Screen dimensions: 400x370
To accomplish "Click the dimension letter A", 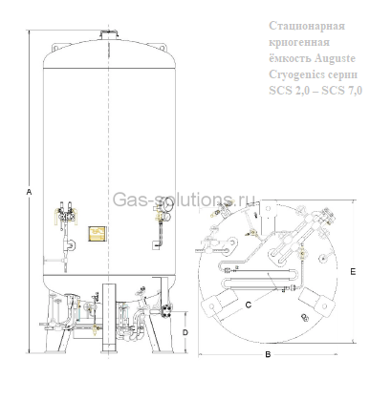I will pos(29,193).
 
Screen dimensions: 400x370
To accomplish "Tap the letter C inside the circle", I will pos(249,304).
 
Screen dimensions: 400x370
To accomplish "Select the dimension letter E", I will pos(353,272).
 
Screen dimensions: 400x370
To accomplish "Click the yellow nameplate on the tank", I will pos(95,233).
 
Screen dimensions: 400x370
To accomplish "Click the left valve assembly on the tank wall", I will pos(66,211).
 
